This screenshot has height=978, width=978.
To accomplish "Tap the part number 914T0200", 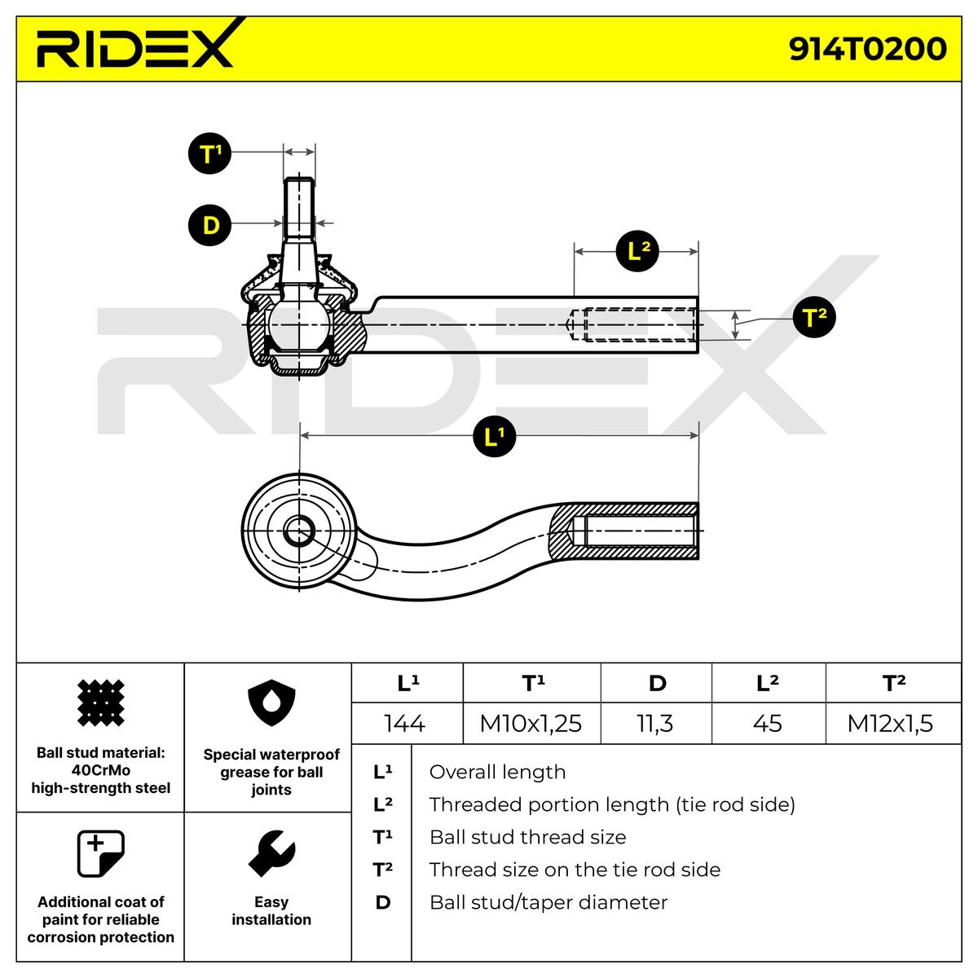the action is (867, 49).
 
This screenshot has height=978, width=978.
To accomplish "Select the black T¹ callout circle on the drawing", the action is (209, 153).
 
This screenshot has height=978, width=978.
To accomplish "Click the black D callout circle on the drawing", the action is (209, 225).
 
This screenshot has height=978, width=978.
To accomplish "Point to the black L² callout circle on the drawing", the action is (637, 251).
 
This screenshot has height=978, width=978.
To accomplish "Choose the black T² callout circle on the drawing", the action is (814, 317).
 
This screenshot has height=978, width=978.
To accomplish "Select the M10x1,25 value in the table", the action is (531, 723).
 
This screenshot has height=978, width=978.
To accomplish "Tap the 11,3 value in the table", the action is (655, 723).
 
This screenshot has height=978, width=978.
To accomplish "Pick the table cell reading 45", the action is (768, 723).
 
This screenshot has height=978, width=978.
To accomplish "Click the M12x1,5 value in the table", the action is (890, 723).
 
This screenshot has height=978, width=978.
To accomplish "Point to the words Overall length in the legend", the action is (497, 772).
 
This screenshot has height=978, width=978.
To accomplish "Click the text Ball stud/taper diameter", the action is (548, 902).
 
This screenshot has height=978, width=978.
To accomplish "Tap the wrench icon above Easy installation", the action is (272, 853).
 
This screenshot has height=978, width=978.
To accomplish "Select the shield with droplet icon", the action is (271, 703).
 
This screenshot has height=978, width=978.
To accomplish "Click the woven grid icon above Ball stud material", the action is (101, 703).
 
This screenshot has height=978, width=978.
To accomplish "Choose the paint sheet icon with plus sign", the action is (101, 853).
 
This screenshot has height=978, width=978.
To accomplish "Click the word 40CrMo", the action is (101, 770).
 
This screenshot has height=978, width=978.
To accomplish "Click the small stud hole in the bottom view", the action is (299, 531).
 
